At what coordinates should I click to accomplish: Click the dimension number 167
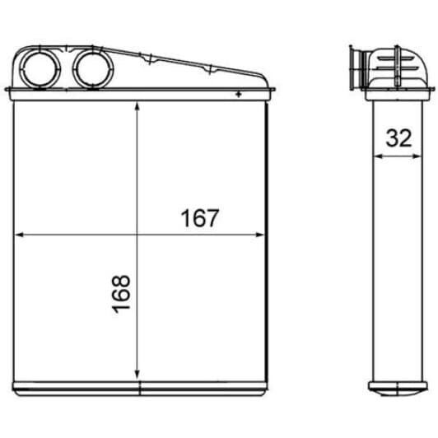coord(200,219)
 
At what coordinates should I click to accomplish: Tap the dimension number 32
coord(398,137)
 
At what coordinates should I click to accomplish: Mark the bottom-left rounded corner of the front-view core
coord(16,385)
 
